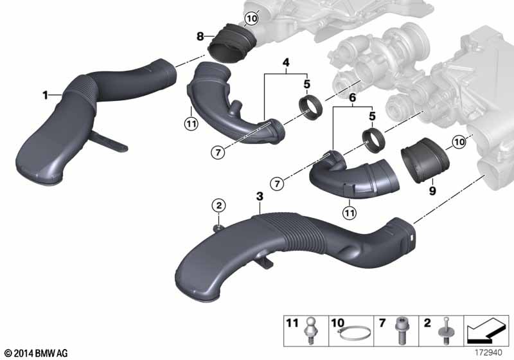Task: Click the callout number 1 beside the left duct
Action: click(46, 95)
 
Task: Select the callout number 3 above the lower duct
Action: click(259, 195)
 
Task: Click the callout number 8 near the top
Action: click(200, 35)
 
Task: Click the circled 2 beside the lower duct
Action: click(219, 206)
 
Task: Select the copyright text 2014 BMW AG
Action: click(35, 352)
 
